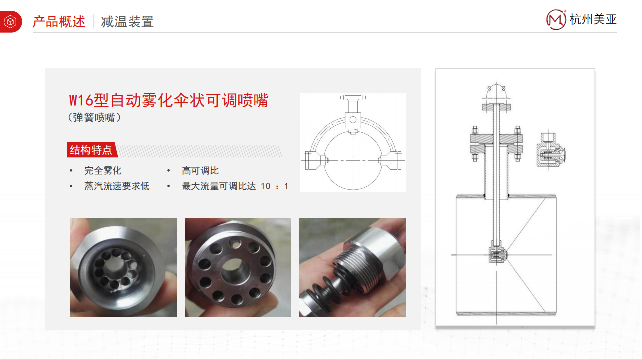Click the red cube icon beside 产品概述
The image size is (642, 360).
pos(10,22)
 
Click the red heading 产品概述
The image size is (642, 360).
pos(59,22)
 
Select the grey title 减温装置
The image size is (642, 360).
pos(127,22)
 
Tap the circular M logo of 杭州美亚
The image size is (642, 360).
pos(556,20)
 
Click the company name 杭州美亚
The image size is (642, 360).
pos(593,19)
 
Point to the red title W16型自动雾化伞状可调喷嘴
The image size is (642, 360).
pos(168,100)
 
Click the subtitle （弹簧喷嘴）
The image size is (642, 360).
pos(94,118)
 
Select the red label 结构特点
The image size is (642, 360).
pos(91,150)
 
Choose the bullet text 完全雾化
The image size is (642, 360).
pos(103,171)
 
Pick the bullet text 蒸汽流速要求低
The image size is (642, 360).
pos(117,186)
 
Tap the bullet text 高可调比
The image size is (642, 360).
pos(200,171)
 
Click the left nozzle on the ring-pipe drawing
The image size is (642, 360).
pos(315,160)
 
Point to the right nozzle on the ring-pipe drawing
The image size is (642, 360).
pos(391,160)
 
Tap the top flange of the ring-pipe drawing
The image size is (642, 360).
pos(353,97)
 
